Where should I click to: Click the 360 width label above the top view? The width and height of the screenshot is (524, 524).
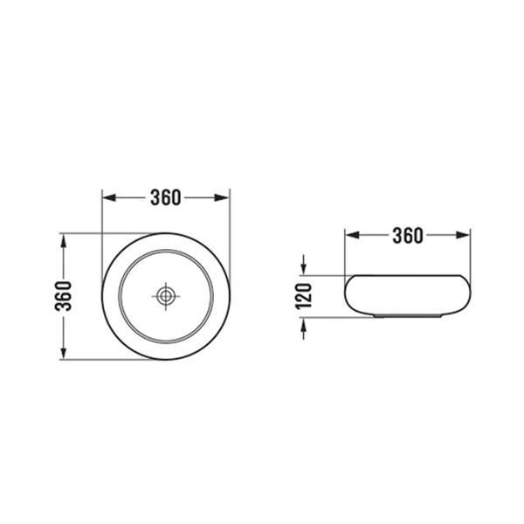[x=165, y=197]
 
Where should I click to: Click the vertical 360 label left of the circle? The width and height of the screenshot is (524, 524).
[x=64, y=296]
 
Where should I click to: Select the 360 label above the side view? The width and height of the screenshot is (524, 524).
[x=408, y=236]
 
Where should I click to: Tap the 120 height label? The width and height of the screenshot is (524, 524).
[x=304, y=296]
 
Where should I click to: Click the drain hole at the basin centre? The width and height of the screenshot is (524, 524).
[x=165, y=296]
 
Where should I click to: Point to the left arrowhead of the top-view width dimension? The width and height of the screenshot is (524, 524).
[x=109, y=197]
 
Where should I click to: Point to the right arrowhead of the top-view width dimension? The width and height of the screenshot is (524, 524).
[x=223, y=197]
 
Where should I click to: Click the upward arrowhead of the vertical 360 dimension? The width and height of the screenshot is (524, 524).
[x=64, y=241]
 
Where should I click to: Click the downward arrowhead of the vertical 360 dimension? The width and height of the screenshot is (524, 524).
[x=64, y=353]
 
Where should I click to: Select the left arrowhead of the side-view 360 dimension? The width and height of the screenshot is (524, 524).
[x=352, y=235]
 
